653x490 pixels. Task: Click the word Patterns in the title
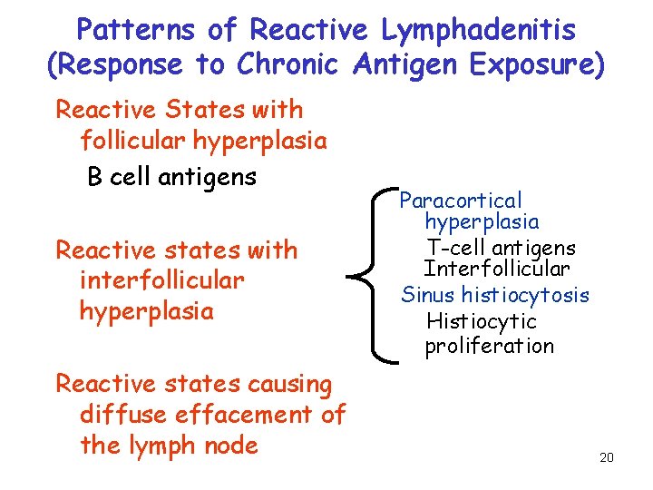click(136, 30)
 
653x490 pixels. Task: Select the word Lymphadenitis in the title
click(477, 30)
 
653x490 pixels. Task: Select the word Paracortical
click(462, 200)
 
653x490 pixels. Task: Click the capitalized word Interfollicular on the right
click(497, 269)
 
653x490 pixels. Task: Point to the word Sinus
click(429, 295)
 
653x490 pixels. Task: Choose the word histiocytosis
click(525, 295)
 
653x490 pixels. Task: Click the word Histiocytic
click(482, 321)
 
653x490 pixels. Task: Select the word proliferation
click(489, 346)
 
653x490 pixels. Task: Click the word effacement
click(237, 415)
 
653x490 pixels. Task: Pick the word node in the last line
click(232, 445)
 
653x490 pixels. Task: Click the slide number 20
click(607, 457)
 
